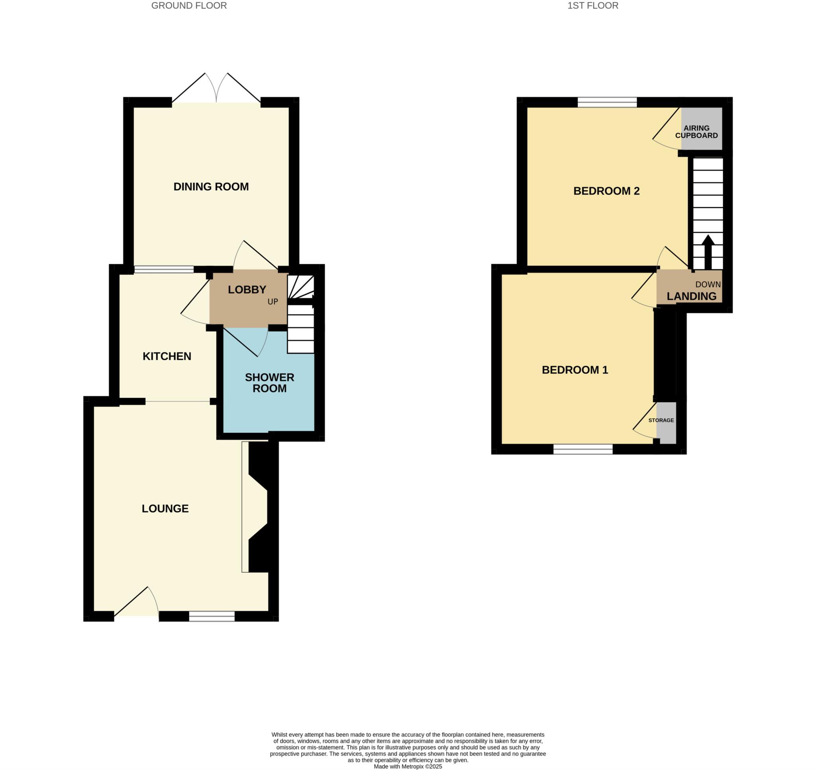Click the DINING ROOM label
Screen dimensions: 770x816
[211, 187]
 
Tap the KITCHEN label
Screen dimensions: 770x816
[167, 356]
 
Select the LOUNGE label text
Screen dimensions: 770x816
[165, 509]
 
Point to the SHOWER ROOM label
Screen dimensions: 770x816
[269, 382]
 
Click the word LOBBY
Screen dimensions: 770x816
[247, 290]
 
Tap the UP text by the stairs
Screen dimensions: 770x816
[273, 302]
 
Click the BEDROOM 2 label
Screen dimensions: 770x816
[606, 191]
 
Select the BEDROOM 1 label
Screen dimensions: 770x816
[575, 370]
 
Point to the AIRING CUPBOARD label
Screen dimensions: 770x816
[696, 132]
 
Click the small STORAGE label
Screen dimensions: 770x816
[661, 420]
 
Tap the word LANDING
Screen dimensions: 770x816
[691, 296]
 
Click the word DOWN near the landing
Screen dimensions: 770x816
[708, 285]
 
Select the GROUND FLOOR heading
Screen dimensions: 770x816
[189, 6]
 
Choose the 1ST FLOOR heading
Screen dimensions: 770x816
[592, 6]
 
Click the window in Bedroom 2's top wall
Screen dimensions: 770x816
[607, 102]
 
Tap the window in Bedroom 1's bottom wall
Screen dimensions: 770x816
[583, 449]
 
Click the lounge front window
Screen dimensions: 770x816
[212, 617]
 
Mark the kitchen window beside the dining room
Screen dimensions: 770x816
[164, 269]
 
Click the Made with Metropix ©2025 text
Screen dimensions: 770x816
[408, 766]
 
